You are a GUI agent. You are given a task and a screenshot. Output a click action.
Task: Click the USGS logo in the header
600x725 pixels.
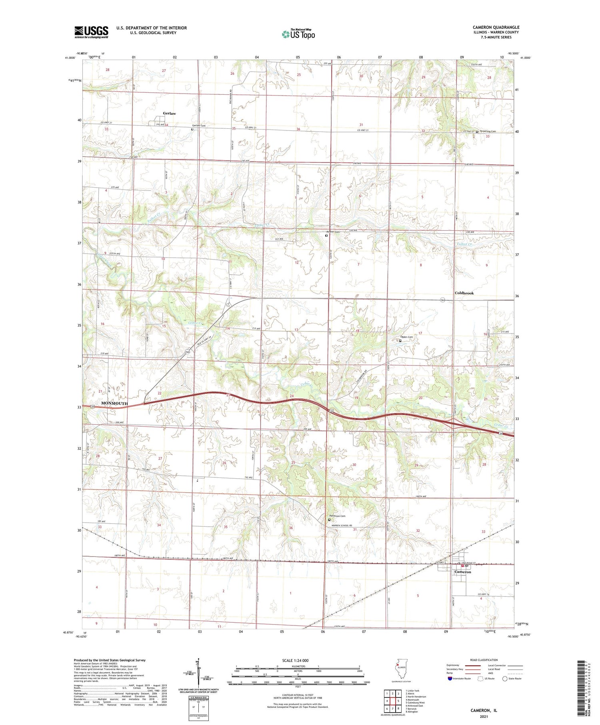[x=91, y=32]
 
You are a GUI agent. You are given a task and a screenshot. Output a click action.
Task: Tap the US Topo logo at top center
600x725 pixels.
[x=298, y=34]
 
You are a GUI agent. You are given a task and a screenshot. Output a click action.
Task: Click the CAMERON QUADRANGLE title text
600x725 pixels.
[x=496, y=27]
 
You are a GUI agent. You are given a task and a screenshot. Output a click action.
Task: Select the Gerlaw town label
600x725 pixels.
[x=169, y=114]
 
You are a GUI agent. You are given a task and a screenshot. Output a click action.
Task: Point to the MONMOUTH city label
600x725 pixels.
[x=114, y=403]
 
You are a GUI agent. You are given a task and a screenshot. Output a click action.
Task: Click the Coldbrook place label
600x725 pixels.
[x=464, y=293]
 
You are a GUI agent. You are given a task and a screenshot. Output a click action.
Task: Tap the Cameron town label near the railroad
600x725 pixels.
[x=463, y=572]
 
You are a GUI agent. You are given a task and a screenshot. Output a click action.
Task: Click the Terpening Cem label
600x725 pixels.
[x=488, y=131]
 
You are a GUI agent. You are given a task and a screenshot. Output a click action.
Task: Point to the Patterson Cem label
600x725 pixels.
[x=337, y=515]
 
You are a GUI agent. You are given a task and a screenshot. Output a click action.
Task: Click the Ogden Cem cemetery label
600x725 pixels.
[x=408, y=337]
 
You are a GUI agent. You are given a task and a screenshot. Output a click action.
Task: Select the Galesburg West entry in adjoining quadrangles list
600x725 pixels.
[x=415, y=702]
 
